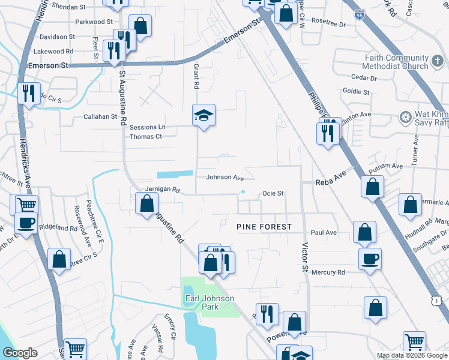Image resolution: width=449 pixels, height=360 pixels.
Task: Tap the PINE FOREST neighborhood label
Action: (264, 227)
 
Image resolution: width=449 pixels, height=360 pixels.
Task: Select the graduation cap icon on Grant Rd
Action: (203, 115)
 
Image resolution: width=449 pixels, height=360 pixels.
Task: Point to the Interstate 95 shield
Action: (359, 14)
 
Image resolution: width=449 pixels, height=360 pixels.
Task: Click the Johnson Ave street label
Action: (225, 178)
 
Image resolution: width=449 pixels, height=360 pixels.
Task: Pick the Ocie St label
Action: (273, 193)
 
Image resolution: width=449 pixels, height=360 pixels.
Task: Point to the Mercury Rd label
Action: (328, 272)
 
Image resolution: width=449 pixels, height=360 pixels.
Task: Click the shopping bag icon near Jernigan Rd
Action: (146, 204)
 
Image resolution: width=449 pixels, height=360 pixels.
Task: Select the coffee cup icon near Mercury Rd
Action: (369, 259)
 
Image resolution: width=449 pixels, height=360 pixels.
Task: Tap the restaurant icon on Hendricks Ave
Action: (28, 93)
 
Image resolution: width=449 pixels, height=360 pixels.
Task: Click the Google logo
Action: (20, 353)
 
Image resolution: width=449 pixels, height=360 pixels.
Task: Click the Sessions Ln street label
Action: (147, 127)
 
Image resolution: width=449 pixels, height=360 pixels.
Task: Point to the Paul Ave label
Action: (324, 232)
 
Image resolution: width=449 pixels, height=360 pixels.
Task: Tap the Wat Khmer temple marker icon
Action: (406, 116)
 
